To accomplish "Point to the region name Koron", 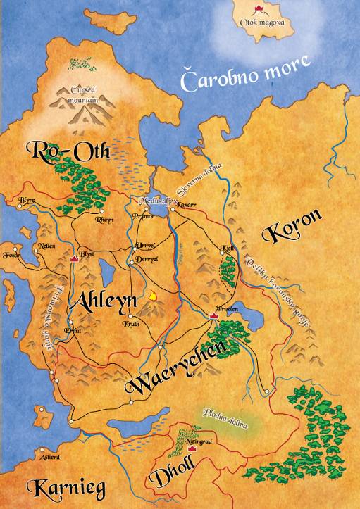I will point(291,226).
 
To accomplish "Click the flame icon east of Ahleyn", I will point(151,296).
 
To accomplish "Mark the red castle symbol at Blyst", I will point(75,258).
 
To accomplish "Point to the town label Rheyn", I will point(104,219).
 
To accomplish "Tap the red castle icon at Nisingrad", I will point(192,448).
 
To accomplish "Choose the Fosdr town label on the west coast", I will point(10,254).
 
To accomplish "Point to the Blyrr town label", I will point(26,200).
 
